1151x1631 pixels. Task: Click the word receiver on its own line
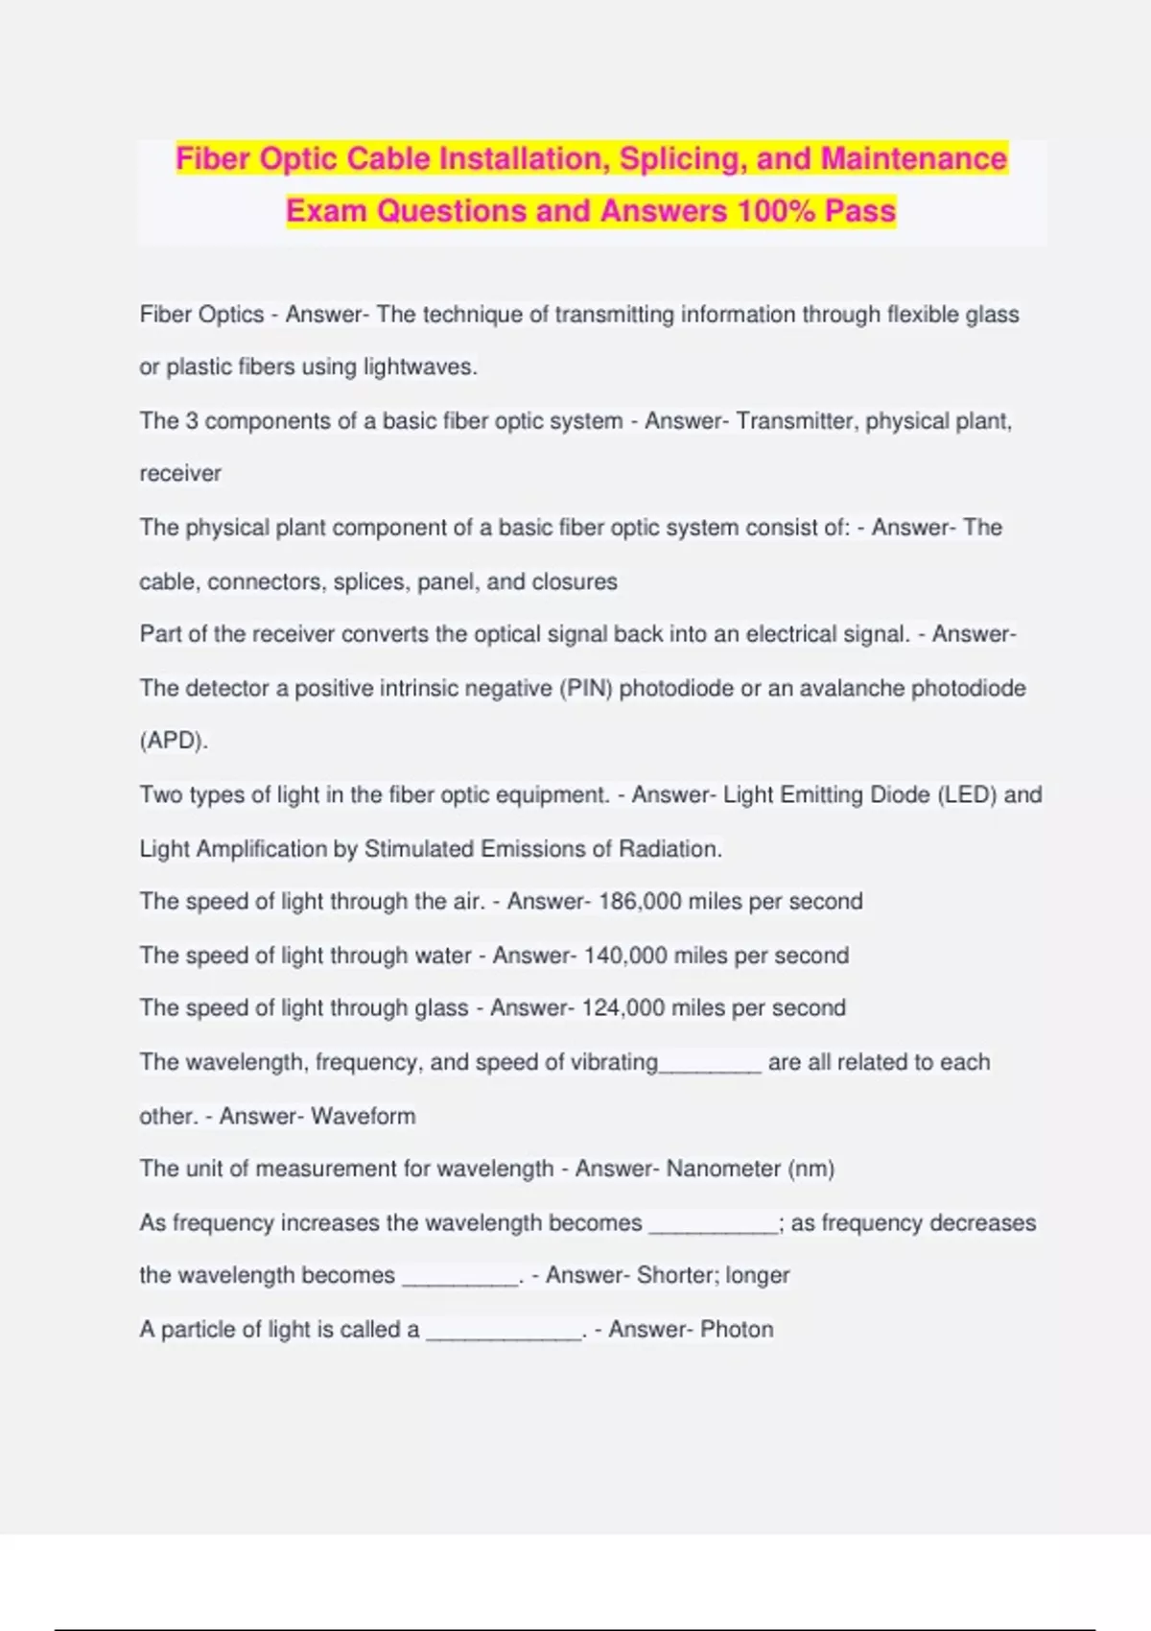[180, 474]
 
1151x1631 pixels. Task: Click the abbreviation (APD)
[174, 741]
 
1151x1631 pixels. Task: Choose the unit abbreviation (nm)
[810, 1169]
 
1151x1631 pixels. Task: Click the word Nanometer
[723, 1169]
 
